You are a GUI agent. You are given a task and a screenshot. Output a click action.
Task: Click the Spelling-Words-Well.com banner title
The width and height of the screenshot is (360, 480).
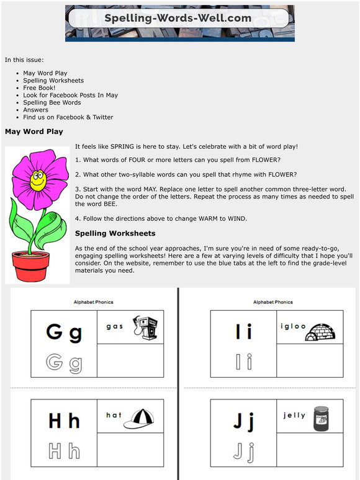178,18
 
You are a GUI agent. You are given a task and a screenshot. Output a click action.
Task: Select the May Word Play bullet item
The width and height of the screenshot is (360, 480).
45,73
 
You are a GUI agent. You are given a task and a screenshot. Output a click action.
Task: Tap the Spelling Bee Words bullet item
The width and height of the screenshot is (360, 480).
52,102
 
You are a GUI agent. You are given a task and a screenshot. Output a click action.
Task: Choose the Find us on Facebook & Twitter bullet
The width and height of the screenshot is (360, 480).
68,117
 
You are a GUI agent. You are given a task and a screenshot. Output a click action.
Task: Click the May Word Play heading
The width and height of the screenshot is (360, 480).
34,131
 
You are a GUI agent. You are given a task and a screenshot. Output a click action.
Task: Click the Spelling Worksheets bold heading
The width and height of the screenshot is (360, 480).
115,233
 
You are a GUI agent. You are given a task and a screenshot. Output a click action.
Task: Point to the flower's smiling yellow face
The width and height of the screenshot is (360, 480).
38,182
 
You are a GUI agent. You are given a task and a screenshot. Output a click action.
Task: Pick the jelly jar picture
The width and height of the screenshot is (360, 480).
321,419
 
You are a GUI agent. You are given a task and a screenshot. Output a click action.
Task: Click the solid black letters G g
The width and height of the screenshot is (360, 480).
64,333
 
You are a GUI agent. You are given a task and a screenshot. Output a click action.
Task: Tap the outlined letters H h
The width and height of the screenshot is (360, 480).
64,451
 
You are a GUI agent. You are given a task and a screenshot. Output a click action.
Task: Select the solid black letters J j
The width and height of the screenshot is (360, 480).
243,421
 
